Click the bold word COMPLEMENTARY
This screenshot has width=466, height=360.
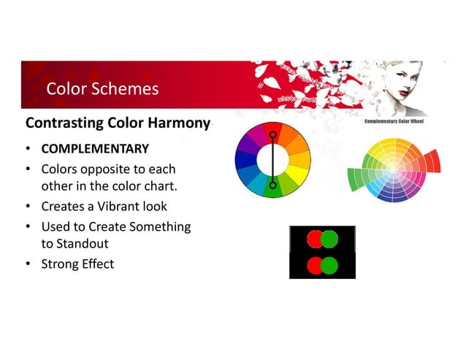click(x=95, y=150)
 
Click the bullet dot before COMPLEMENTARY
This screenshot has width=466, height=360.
click(x=27, y=150)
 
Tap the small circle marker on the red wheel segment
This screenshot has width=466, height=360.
click(x=272, y=134)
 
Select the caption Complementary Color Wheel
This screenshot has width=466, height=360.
click(x=394, y=122)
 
